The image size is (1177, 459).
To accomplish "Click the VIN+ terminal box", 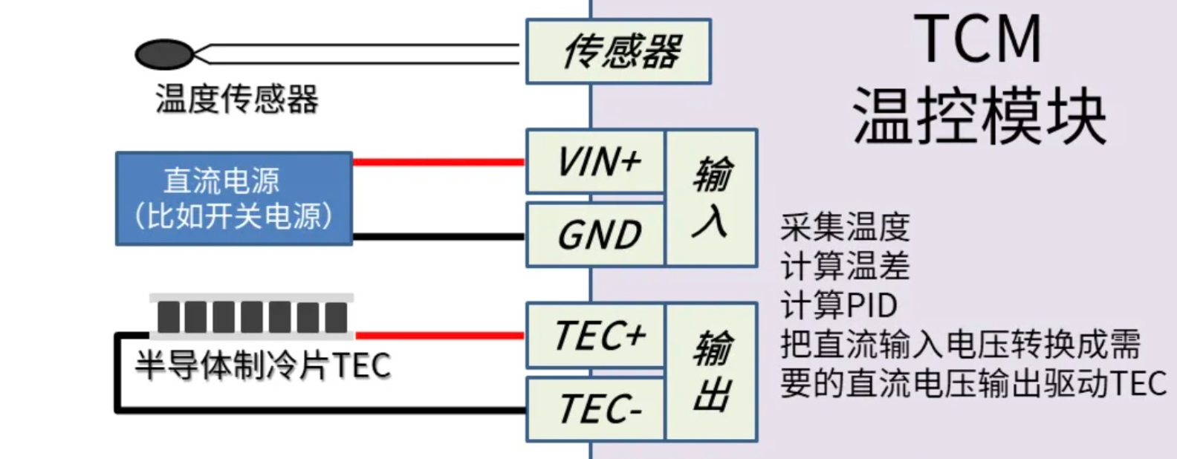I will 595,161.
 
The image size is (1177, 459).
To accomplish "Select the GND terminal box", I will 595,235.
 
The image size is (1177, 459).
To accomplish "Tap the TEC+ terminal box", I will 595,335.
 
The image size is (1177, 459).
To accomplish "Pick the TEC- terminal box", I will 595,408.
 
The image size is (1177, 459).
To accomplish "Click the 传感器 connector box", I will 618,51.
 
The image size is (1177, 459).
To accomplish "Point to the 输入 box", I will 711,198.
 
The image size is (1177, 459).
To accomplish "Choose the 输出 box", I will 711,371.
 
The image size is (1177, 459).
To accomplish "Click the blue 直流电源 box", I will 234,198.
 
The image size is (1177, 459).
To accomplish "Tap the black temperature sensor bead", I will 163,54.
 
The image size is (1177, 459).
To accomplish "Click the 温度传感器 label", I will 237,99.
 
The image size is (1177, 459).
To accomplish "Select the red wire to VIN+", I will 438,162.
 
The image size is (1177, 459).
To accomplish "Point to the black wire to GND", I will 438,237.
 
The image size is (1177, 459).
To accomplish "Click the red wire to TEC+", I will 438,336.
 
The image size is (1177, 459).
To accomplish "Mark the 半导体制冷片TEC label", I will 263,365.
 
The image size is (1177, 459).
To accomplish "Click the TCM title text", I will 977,39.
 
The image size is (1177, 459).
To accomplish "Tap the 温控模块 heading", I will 979,116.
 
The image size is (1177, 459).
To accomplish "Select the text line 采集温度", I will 845,227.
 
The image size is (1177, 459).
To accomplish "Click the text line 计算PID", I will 839,305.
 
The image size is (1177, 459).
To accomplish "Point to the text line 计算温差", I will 845,266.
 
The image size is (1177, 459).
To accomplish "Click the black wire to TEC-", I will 320,409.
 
